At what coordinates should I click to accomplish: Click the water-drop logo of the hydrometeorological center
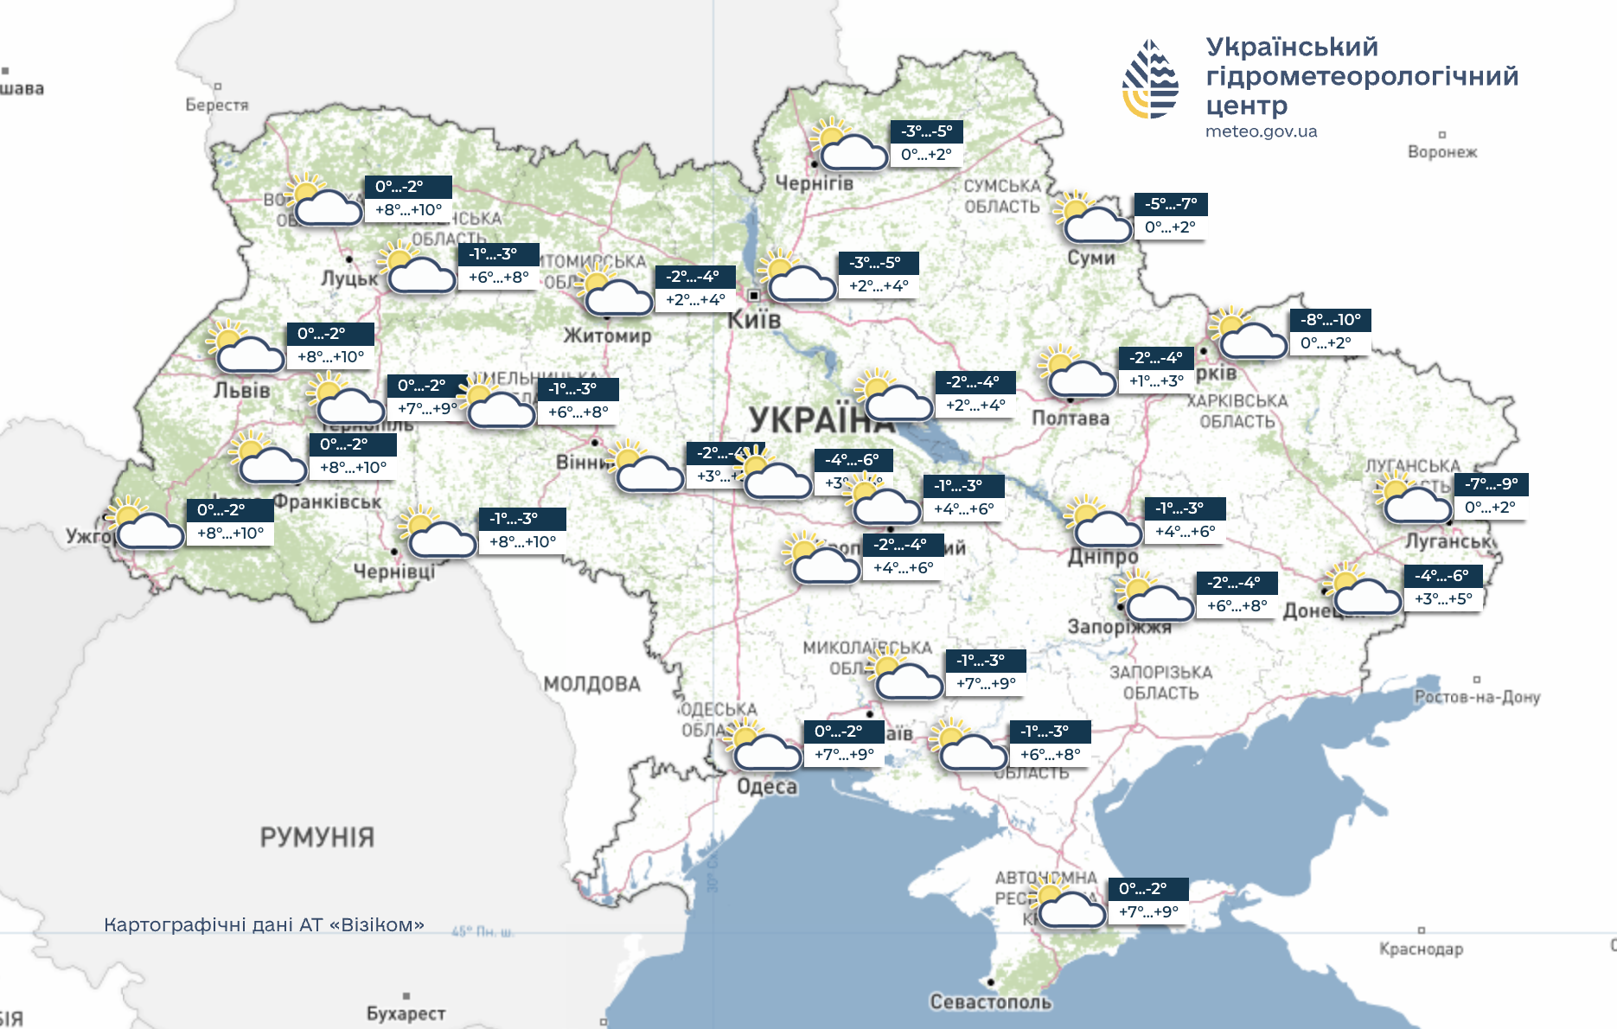pyautogui.click(x=1150, y=80)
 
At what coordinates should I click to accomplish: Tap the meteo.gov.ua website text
pyautogui.click(x=1261, y=131)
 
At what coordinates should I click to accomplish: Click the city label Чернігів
pyautogui.click(x=814, y=183)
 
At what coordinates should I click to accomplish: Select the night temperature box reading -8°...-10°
pyautogui.click(x=1330, y=320)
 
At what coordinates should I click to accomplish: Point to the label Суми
pyautogui.click(x=1090, y=258)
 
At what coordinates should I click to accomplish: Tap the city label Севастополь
pyautogui.click(x=990, y=1002)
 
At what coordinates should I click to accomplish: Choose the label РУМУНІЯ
pyautogui.click(x=316, y=837)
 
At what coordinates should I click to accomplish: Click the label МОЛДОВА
pyautogui.click(x=591, y=684)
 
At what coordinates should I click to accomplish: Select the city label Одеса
pyautogui.click(x=766, y=787)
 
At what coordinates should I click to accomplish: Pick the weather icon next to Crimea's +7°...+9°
pyautogui.click(x=1068, y=904)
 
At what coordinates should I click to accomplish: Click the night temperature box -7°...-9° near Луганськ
pyautogui.click(x=1491, y=484)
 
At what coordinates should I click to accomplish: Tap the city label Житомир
pyautogui.click(x=607, y=336)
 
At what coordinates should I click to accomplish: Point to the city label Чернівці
pyautogui.click(x=393, y=572)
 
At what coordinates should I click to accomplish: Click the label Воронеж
pyautogui.click(x=1441, y=152)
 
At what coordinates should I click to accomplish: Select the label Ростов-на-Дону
pyautogui.click(x=1477, y=697)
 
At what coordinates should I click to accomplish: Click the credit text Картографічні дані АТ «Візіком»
pyautogui.click(x=264, y=925)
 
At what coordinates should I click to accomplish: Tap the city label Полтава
pyautogui.click(x=1070, y=419)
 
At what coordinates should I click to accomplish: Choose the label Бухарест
pyautogui.click(x=406, y=1013)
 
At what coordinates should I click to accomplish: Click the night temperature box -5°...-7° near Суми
pyautogui.click(x=1170, y=204)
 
